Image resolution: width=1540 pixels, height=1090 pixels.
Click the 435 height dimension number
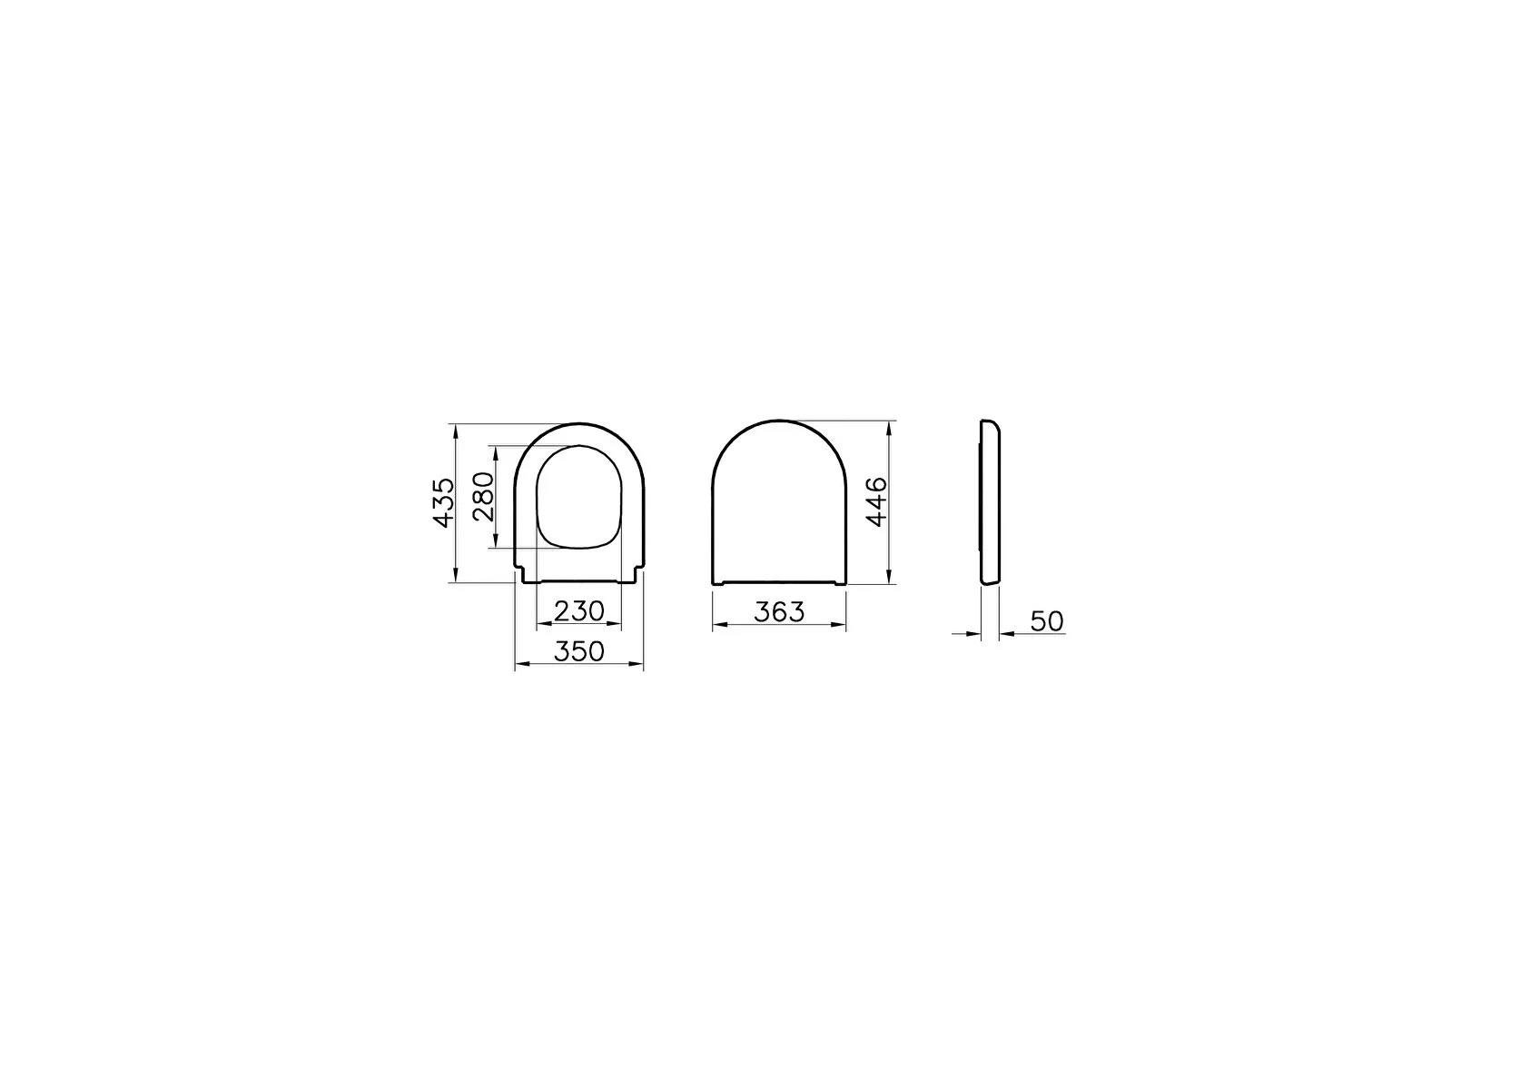[x=442, y=502]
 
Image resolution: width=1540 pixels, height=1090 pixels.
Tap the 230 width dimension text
[x=579, y=611]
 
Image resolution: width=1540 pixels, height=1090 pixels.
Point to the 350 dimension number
[x=579, y=651]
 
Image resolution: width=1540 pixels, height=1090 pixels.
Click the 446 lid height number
[x=876, y=501]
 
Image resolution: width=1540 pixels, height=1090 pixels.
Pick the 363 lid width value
[x=779, y=612]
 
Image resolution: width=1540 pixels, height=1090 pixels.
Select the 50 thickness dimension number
[x=1047, y=621]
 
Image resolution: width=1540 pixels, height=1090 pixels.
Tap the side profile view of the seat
[x=991, y=502]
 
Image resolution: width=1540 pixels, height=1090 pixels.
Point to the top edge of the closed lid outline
[x=779, y=421]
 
